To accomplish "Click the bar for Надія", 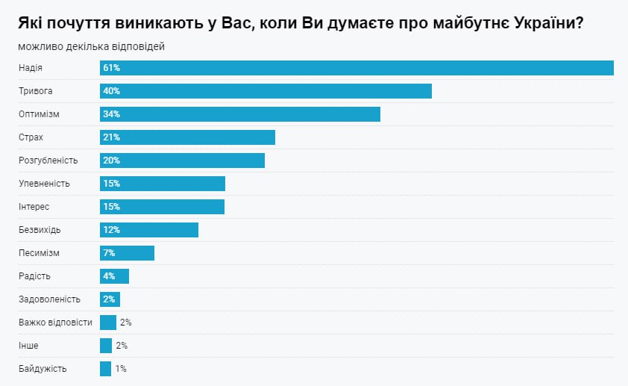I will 357,68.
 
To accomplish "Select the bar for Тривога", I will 266,91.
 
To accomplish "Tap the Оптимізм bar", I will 240,114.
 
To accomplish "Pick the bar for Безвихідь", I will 149,230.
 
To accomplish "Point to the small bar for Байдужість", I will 105,369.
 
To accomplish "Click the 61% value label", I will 112,68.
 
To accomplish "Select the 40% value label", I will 112,91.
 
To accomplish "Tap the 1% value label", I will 121,369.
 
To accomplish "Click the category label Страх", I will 31,137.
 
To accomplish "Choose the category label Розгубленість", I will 48,161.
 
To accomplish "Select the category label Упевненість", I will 44,184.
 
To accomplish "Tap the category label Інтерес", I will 34,207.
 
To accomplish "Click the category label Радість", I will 34,276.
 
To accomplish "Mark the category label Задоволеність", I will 49,299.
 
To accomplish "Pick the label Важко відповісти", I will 55,323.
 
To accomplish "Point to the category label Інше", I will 28,346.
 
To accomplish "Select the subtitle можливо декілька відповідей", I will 92,46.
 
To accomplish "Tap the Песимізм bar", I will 127,253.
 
